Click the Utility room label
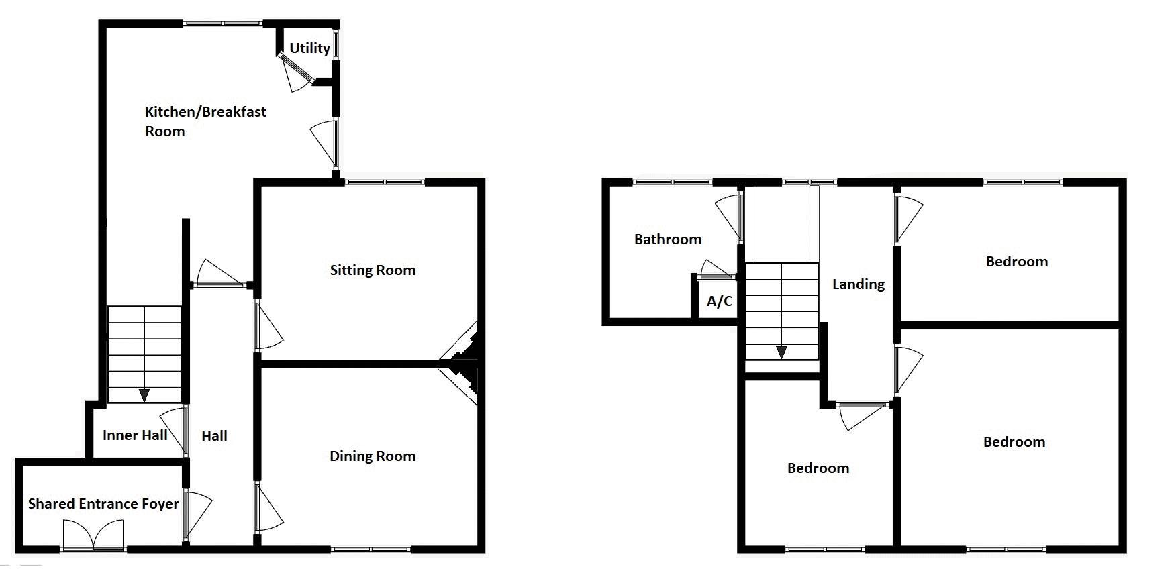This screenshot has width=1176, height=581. tap(309, 48)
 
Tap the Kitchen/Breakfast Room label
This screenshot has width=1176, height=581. tap(205, 121)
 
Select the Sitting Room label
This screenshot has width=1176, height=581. tap(373, 270)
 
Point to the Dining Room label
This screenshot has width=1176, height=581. tap(373, 456)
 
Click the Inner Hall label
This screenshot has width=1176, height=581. tap(135, 435)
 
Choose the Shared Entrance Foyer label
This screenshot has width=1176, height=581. tap(103, 504)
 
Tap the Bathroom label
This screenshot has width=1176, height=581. tap(668, 240)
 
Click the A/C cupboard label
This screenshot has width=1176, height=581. tap(719, 301)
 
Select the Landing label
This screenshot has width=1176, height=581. tap(859, 284)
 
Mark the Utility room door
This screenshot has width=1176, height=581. tap(296, 71)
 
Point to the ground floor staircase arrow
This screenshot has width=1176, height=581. tap(144, 395)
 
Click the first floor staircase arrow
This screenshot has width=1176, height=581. tap(781, 352)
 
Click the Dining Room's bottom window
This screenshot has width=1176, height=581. tap(371, 549)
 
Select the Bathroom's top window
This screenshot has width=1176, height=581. tap(673, 182)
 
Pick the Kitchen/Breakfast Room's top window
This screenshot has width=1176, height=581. tap(223, 23)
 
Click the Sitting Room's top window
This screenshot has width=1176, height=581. tap(385, 182)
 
